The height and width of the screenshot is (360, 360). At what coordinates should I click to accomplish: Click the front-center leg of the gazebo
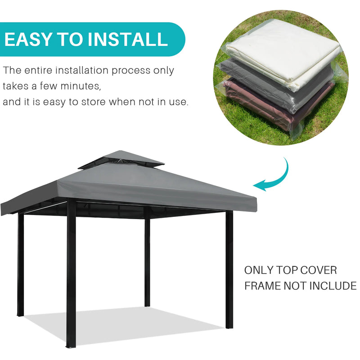tap(71, 274)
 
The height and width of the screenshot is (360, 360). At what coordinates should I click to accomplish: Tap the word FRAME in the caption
tap(262, 286)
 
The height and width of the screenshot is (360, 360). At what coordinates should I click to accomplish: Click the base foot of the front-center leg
tap(71, 346)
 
